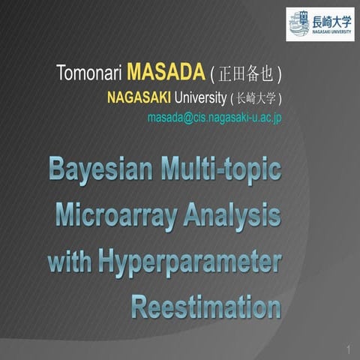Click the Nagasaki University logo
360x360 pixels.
pyautogui.click(x=319, y=24)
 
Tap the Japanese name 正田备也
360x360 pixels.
pyautogui.click(x=246, y=75)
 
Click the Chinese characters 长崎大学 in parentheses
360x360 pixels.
pyautogui.click(x=256, y=97)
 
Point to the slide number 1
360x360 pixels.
pyautogui.click(x=349, y=349)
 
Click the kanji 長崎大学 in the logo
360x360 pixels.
pyautogui.click(x=331, y=19)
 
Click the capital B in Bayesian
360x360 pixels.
pyautogui.click(x=60, y=168)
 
